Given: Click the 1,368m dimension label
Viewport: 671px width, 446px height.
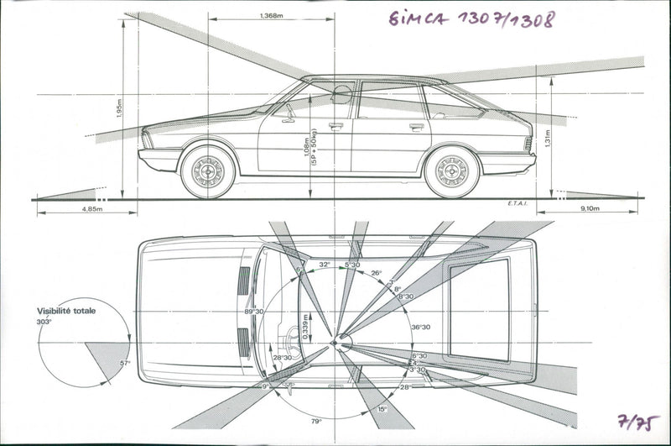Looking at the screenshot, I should click(271, 15).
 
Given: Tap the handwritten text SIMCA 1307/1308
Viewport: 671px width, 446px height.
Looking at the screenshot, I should click(471, 19).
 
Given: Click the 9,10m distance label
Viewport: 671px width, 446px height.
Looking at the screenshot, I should click(590, 209).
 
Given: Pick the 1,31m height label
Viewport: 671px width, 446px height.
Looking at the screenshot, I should click(546, 138).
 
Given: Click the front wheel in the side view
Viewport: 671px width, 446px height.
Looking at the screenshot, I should click(207, 171).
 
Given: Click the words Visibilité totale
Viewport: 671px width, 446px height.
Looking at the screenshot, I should click(66, 311).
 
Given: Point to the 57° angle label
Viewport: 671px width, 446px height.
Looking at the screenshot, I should click(125, 363).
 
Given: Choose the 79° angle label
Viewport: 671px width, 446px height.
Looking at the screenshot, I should click(316, 421).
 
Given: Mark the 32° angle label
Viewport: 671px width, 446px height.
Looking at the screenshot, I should click(324, 265).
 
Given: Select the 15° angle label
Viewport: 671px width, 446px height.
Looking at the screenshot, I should click(382, 409).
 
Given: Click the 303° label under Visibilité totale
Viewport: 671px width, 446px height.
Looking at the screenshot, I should click(44, 322).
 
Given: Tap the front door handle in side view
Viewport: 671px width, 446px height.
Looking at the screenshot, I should click(335, 127).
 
